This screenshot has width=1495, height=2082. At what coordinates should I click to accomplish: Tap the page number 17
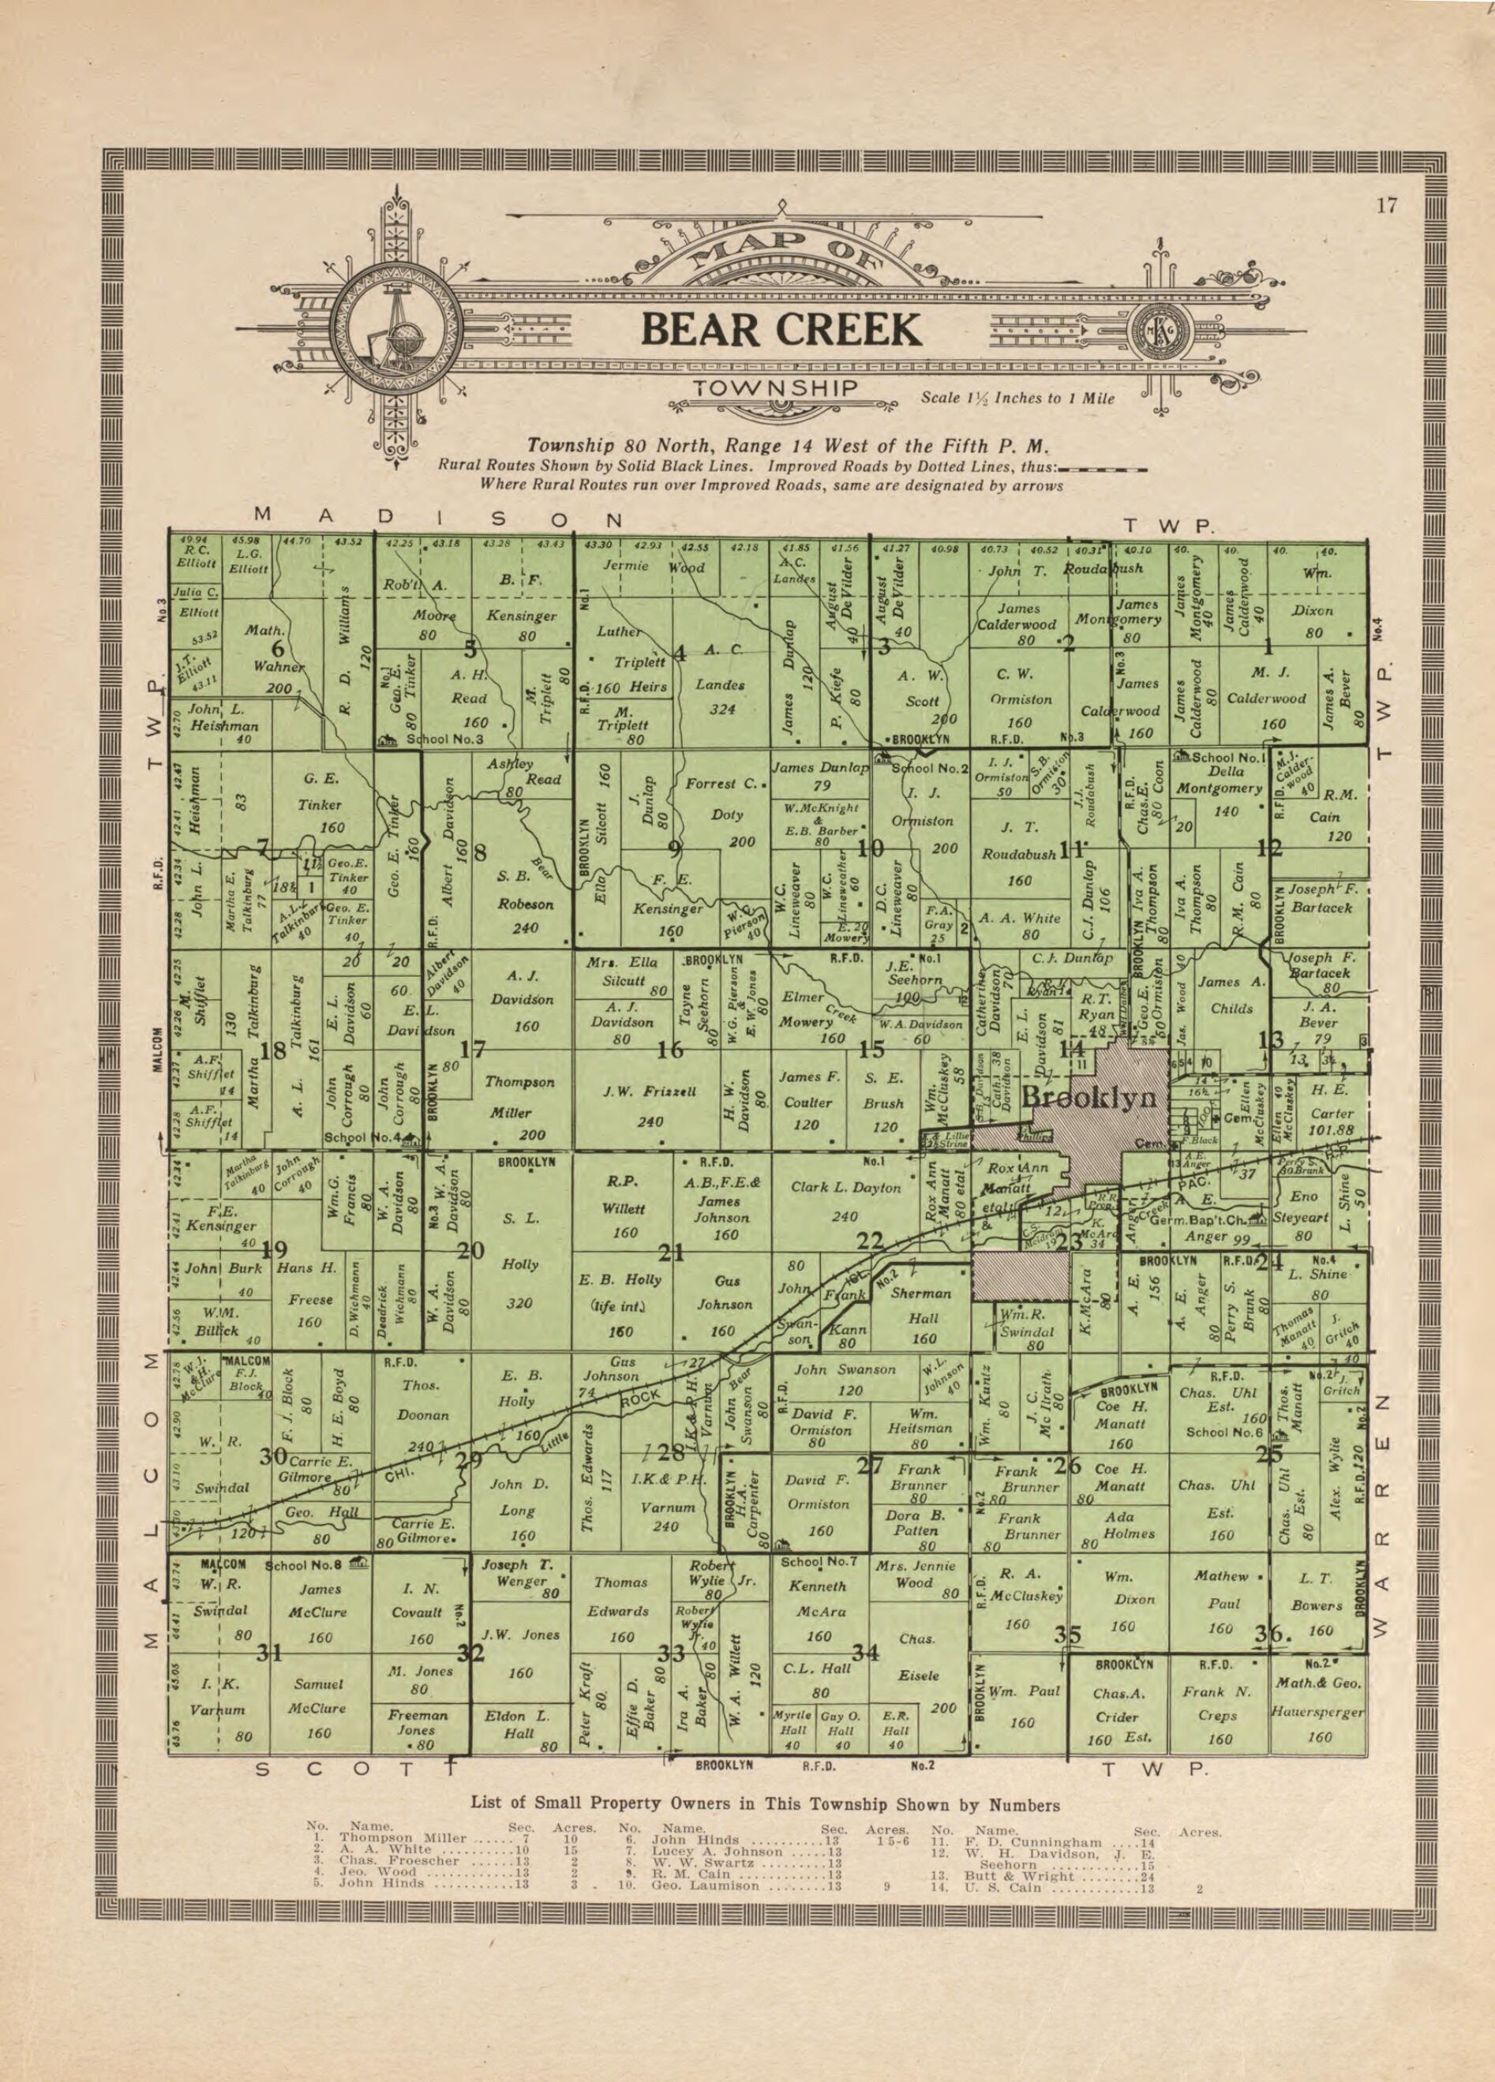click(1386, 206)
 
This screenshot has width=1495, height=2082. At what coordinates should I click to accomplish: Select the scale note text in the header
click(1017, 399)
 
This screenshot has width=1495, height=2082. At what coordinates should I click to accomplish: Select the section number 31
click(269, 1653)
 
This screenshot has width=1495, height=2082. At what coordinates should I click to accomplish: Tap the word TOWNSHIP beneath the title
click(775, 389)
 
